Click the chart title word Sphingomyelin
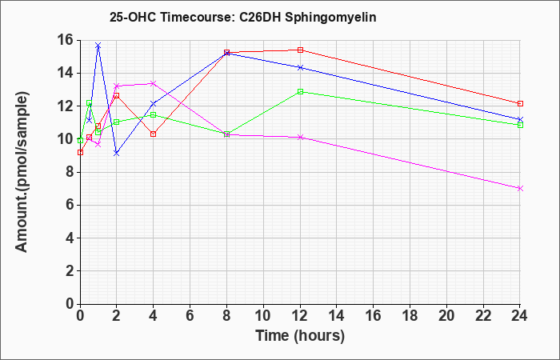330,18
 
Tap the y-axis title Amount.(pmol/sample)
22,172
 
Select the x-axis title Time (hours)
300,336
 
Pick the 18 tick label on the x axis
410,316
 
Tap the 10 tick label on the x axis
263,316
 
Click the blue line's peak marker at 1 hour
98,46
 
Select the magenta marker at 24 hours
520,188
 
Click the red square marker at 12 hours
300,50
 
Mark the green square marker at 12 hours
300,91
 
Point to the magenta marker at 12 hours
300,137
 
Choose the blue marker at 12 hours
300,67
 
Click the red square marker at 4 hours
154,134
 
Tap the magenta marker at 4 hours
154,83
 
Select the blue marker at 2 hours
117,154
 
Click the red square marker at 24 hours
520,103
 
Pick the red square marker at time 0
80,153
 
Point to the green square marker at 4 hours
154,114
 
